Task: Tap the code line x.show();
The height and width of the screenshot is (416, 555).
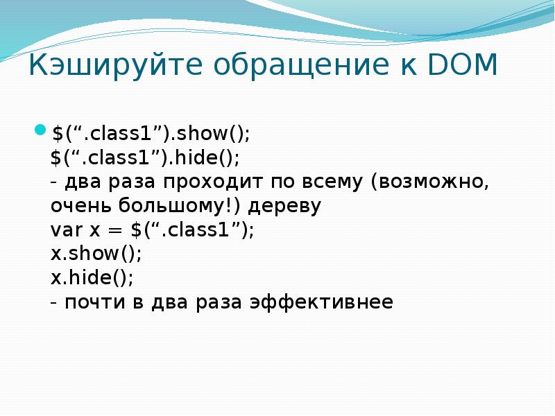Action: pos(96,254)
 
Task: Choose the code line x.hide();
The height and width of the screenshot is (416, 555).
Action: pos(92,278)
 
